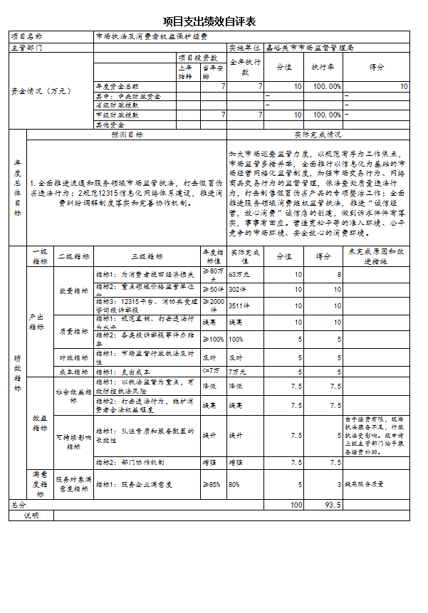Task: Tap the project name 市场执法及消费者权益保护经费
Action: tap(152, 36)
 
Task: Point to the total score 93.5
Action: tap(333, 505)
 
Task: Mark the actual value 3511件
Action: tap(238, 305)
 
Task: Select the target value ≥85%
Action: tap(211, 484)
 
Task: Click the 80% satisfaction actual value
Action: tap(234, 484)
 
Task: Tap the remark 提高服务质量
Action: tap(365, 484)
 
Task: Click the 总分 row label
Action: tap(18, 505)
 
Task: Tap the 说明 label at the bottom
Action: tap(31, 515)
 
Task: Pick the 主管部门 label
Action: tap(26, 48)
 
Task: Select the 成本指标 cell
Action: tap(74, 371)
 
